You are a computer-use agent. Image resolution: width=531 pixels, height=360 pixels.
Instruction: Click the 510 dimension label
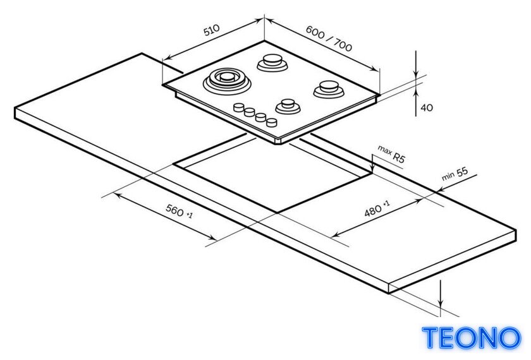click(212, 30)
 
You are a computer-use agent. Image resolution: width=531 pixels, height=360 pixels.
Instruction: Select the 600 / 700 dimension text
click(329, 39)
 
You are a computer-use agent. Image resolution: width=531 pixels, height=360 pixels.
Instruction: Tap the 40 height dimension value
click(427, 107)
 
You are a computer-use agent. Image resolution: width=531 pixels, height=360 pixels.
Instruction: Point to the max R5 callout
click(391, 153)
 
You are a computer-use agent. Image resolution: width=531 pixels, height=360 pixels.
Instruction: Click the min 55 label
click(455, 174)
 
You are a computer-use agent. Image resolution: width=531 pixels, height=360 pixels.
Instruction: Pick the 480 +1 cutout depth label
click(377, 208)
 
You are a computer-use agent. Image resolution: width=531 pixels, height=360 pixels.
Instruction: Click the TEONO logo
click(472, 338)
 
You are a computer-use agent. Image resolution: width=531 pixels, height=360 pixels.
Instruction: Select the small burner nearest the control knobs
click(288, 106)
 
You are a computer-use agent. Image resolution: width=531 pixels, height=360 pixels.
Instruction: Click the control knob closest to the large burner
click(239, 107)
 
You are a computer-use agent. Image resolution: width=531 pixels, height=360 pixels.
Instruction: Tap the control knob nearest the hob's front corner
click(272, 122)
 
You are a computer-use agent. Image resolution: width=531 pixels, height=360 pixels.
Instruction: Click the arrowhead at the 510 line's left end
click(168, 57)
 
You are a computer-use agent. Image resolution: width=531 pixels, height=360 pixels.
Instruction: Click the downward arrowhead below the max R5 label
click(372, 169)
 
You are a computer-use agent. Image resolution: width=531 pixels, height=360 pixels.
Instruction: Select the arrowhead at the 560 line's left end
click(116, 195)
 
